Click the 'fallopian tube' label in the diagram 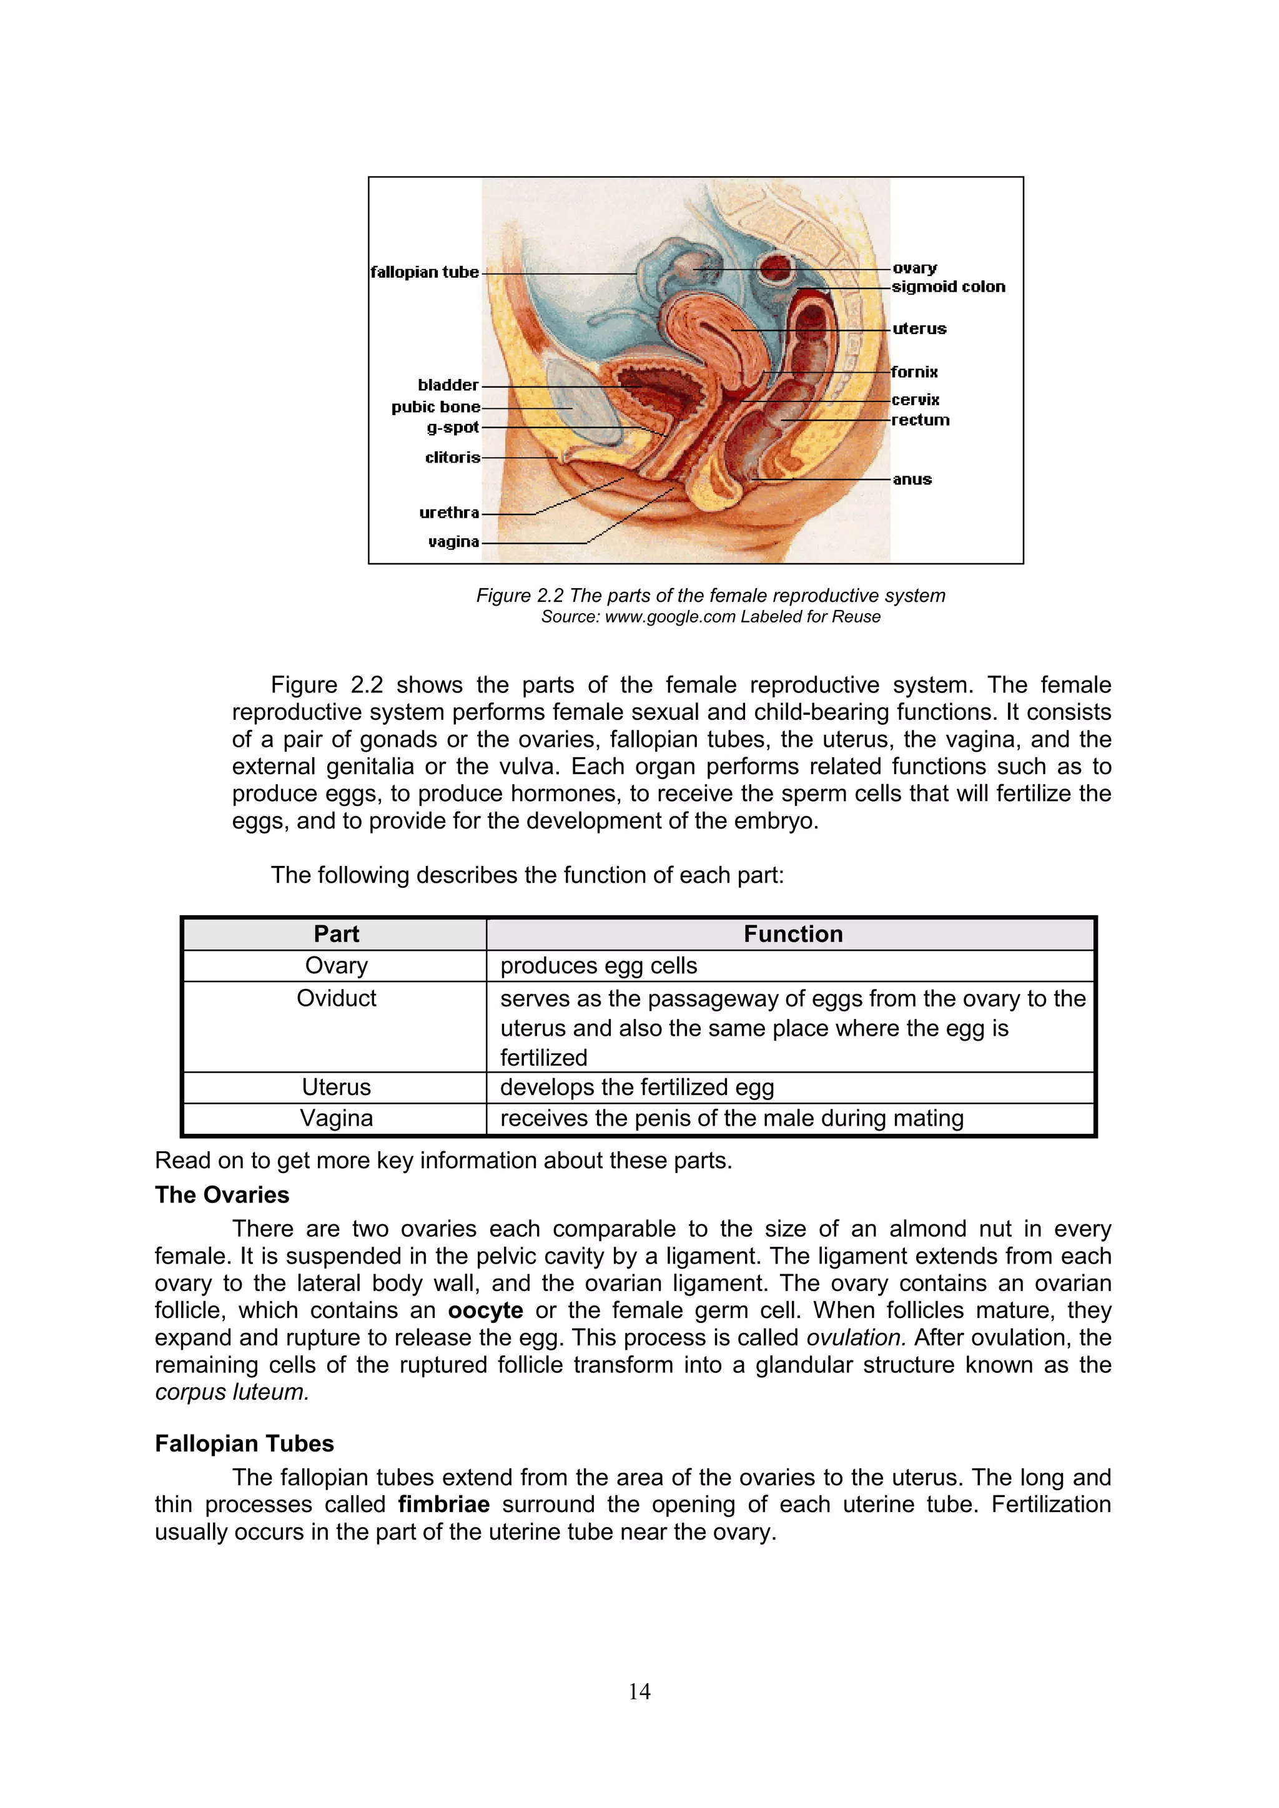pos(425,272)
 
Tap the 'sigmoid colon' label pos(948,287)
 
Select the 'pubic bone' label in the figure pos(435,407)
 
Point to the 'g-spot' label pos(452,428)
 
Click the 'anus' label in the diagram pos(912,479)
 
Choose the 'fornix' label pos(914,371)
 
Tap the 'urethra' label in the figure pos(449,513)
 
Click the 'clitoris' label pos(452,458)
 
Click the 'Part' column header pos(335,934)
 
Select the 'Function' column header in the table pos(793,934)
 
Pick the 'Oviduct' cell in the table pos(335,998)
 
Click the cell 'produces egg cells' pos(598,965)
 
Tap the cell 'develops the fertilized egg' pos(636,1088)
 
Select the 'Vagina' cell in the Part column pos(335,1118)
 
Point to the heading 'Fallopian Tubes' pos(244,1443)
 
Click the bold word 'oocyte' pos(485,1310)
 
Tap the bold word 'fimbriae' pos(443,1505)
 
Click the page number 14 pos(639,1691)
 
